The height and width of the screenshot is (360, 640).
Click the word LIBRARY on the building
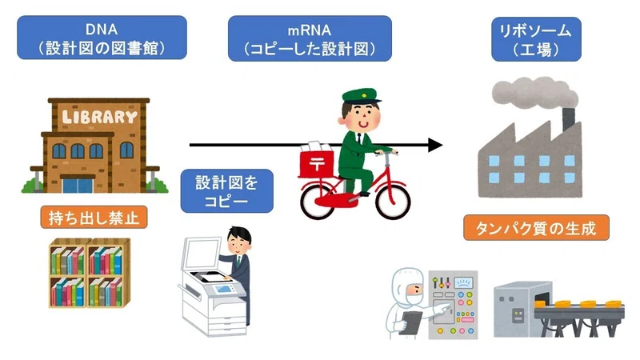[x=99, y=117]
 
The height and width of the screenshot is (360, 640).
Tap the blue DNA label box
[x=102, y=38]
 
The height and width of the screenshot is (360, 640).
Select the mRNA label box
[x=310, y=38]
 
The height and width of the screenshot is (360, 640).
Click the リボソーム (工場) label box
[x=536, y=39]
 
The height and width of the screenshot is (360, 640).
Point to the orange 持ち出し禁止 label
[x=94, y=217]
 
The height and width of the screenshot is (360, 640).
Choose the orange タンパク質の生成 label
[x=536, y=228]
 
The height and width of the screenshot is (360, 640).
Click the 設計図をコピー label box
[x=227, y=191]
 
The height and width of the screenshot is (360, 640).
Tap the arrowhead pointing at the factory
[x=435, y=145]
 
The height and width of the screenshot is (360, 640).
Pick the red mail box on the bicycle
[x=316, y=164]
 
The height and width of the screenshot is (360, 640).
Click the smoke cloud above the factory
[x=534, y=93]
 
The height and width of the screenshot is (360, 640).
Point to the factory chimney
[x=569, y=118]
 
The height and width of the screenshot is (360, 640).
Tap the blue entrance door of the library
[x=78, y=186]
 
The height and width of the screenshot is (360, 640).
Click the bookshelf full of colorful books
[x=90, y=273]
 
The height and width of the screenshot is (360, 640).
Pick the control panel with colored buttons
[x=453, y=304]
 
